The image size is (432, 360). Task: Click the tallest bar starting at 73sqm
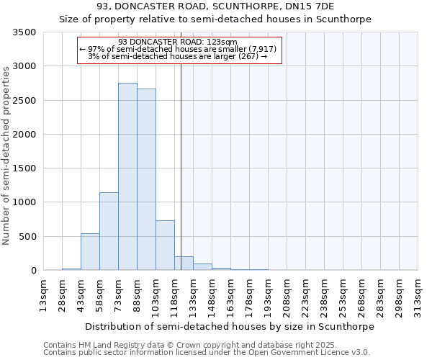127,176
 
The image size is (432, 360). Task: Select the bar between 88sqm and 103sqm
146,179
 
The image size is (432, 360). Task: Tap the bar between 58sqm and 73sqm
109,231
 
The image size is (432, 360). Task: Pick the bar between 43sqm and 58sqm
90,252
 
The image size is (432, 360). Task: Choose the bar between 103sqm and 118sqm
165,246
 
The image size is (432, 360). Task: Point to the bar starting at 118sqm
184,264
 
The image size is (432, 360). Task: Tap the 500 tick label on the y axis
27,237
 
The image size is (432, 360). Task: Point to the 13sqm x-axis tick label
43,295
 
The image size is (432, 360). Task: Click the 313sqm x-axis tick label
418,295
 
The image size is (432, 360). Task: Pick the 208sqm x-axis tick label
287,295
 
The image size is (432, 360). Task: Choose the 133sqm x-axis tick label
193,295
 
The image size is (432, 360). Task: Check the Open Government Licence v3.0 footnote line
207,353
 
